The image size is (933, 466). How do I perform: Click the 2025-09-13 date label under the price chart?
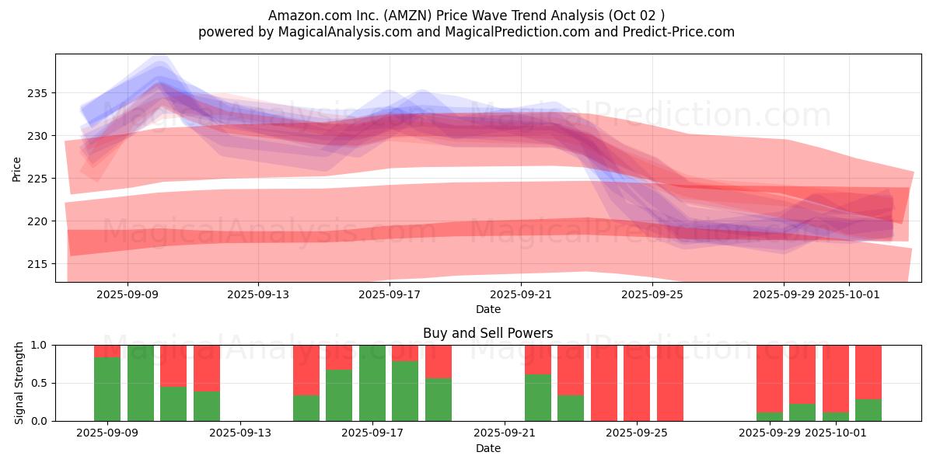pyautogui.click(x=258, y=295)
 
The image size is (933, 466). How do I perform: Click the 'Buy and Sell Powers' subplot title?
pyautogui.click(x=487, y=333)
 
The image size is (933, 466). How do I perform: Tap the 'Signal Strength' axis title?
pyautogui.click(x=19, y=383)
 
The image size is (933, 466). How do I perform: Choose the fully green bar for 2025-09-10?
pyautogui.click(x=141, y=383)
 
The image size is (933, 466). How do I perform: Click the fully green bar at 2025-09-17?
pyautogui.click(x=372, y=383)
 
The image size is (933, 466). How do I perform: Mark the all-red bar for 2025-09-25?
pyautogui.click(x=670, y=383)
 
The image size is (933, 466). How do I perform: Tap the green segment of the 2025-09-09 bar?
pyautogui.click(x=107, y=389)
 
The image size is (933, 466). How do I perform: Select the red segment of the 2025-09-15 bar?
pyautogui.click(x=306, y=370)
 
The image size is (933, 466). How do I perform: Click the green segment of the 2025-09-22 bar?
pyautogui.click(x=538, y=398)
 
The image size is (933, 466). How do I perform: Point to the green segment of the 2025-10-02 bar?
pyautogui.click(x=868, y=410)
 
